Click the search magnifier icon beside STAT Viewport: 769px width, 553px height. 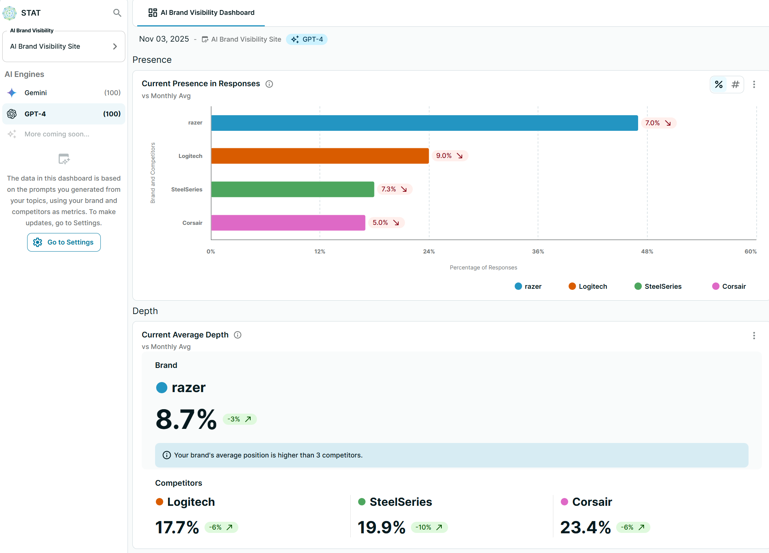click(x=117, y=13)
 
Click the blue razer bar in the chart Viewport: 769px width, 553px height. click(x=424, y=123)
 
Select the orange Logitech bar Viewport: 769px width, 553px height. click(x=320, y=156)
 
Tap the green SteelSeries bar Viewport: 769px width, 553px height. click(x=293, y=190)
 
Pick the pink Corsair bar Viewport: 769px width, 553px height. click(x=288, y=223)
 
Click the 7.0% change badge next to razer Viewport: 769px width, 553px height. click(x=658, y=123)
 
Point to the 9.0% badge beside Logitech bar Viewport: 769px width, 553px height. click(x=449, y=156)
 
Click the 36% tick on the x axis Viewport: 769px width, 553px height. click(x=538, y=252)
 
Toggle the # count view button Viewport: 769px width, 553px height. click(x=735, y=85)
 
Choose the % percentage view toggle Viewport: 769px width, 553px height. click(x=719, y=85)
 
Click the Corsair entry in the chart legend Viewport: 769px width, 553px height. click(x=729, y=287)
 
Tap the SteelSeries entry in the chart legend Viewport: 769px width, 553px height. click(x=658, y=287)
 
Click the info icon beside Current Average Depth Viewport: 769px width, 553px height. click(x=238, y=335)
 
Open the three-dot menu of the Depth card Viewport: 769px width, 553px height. click(x=754, y=336)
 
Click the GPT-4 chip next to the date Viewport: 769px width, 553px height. click(x=307, y=39)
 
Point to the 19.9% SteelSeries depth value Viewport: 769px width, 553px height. click(x=382, y=527)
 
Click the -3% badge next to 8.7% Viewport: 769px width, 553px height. click(x=239, y=419)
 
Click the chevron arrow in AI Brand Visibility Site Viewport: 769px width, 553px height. click(x=115, y=46)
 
